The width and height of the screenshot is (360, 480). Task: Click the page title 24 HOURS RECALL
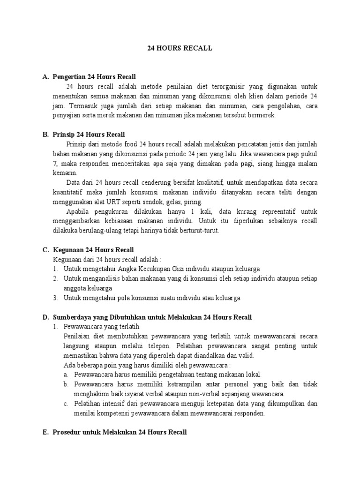coord(180,48)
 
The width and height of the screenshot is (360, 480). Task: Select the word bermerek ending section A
coord(262,115)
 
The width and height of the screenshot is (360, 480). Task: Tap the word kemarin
coord(64,172)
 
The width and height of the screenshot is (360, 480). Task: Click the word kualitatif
coord(206,182)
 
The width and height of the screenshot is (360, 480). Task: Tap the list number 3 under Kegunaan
coord(55,298)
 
